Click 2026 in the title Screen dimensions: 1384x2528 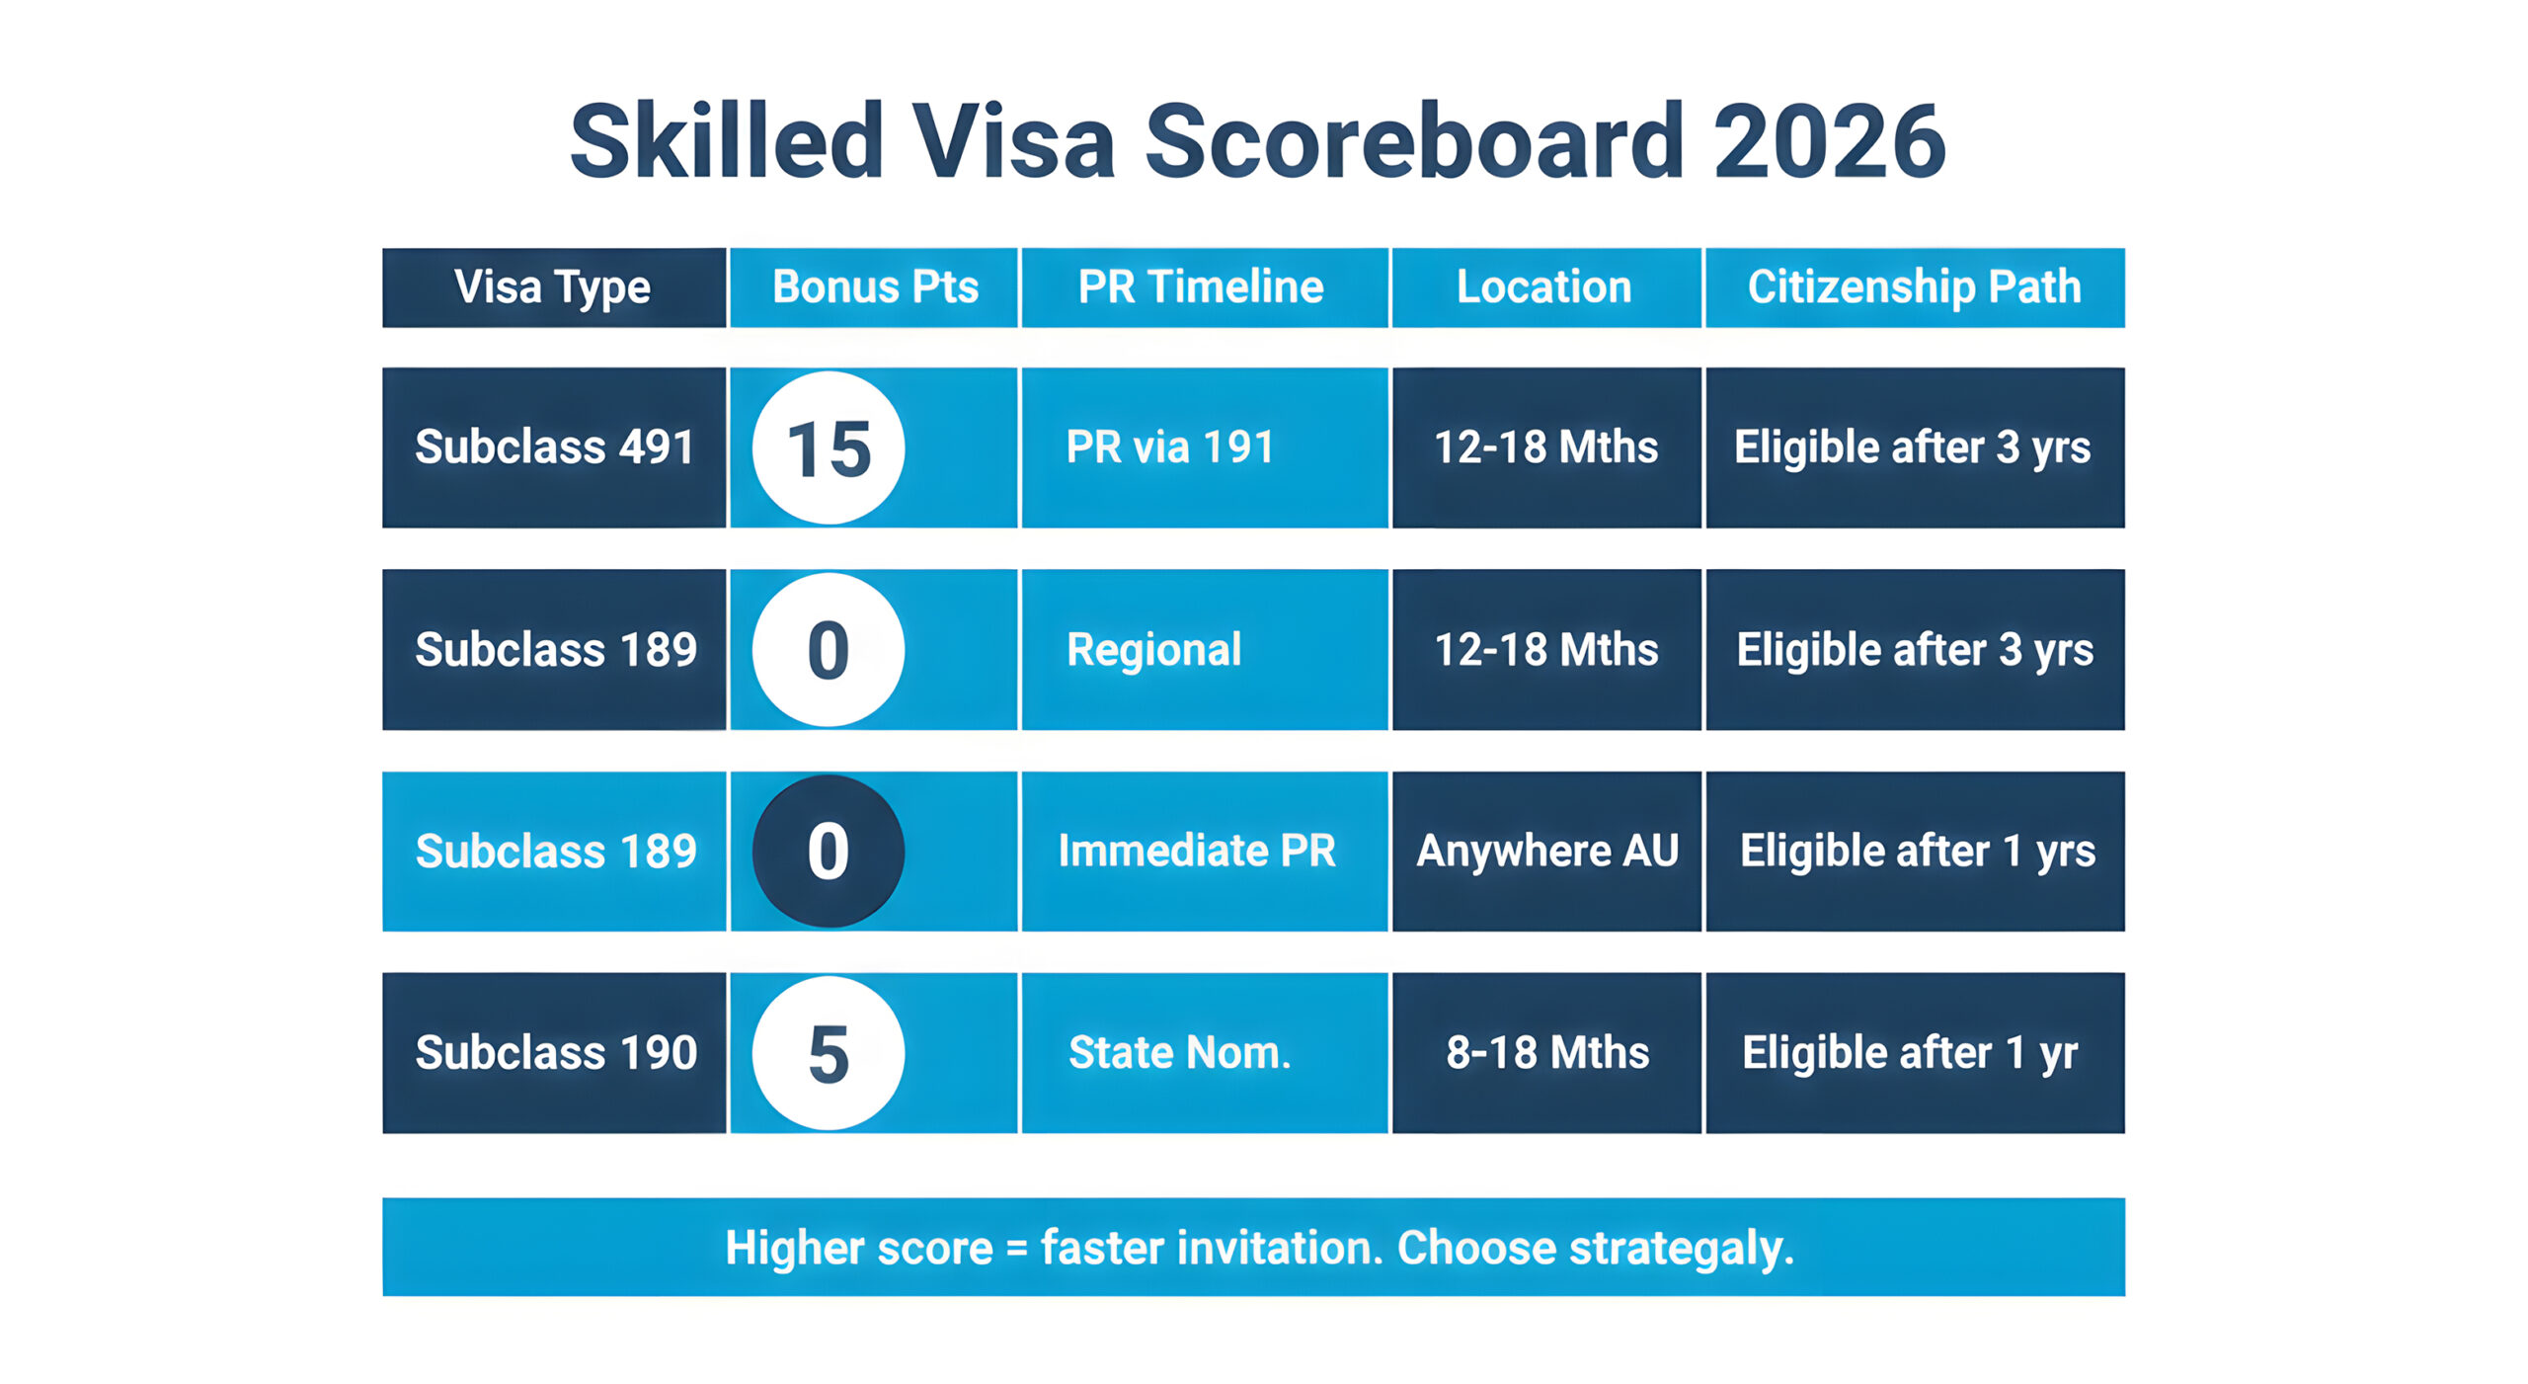click(x=1829, y=141)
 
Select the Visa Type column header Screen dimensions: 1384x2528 click(x=553, y=287)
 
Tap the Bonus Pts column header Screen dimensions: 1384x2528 click(x=875, y=287)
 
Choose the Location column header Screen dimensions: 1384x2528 click(x=1544, y=287)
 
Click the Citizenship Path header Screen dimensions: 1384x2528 click(x=1914, y=287)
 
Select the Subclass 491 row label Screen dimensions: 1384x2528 click(x=554, y=447)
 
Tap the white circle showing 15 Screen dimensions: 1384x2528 click(x=829, y=448)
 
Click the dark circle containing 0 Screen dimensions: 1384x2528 click(x=829, y=851)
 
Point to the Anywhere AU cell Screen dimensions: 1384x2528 click(x=1547, y=851)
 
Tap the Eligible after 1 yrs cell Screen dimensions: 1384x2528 click(x=1917, y=851)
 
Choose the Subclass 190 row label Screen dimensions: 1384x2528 click(x=556, y=1052)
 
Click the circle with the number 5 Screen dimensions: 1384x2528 click(x=829, y=1053)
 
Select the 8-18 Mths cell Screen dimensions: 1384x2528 click(x=1547, y=1052)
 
